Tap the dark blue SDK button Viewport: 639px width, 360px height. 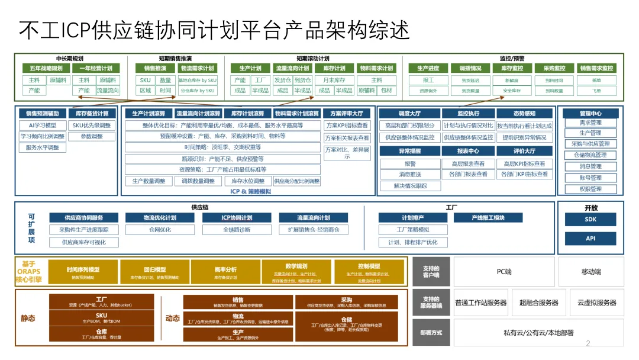pyautogui.click(x=590, y=220)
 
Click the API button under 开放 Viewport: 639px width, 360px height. pyautogui.click(x=590, y=239)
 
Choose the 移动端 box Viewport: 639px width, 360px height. pyautogui.click(x=590, y=272)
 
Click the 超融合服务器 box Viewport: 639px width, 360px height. pyautogui.click(x=538, y=303)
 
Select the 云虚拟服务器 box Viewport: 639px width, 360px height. pyautogui.click(x=597, y=303)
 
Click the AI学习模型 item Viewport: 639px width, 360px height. pyautogui.click(x=43, y=126)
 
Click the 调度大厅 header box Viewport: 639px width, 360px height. pyautogui.click(x=410, y=114)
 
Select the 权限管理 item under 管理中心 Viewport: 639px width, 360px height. pyautogui.click(x=590, y=189)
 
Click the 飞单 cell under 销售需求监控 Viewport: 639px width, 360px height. pyautogui.click(x=596, y=91)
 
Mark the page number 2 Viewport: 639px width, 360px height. pyautogui.click(x=588, y=343)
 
